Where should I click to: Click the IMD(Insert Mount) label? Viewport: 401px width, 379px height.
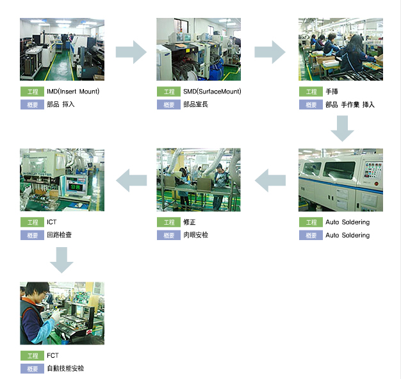73,92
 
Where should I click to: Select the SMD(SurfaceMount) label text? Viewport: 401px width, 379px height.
212,92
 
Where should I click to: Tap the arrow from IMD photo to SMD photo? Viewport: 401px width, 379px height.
131,52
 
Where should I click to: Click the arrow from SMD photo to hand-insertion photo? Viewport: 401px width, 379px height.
270,52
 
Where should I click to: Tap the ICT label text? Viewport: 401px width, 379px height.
52,222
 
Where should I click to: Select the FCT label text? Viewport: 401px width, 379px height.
53,355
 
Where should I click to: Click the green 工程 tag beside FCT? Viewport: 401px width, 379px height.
31,355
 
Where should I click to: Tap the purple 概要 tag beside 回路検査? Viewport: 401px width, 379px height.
31,235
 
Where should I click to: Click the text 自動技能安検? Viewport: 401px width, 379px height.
65,369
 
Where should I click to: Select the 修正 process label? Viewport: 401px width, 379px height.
189,222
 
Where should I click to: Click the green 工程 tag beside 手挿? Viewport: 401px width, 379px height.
310,92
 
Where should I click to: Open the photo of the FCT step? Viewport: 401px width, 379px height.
61,313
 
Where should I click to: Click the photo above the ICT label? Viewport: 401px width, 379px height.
61,180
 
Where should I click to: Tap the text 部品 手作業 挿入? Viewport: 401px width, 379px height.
350,104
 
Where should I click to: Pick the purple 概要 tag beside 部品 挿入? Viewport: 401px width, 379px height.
31,104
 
